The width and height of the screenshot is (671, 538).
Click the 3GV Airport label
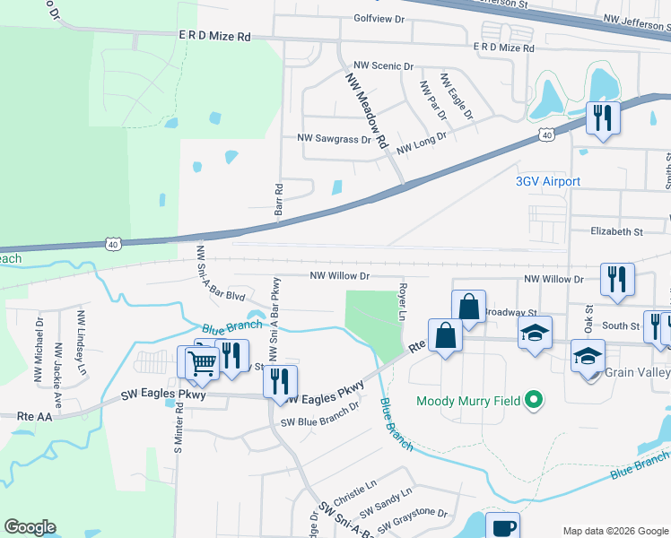(x=547, y=181)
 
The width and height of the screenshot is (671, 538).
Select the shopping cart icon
(x=203, y=363)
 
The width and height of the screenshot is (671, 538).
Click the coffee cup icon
(x=502, y=527)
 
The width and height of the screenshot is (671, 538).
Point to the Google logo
(x=30, y=527)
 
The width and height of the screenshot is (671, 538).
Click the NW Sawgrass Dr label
(x=334, y=140)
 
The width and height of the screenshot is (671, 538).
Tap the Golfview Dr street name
(x=379, y=18)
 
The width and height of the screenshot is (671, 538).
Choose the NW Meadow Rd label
(x=366, y=111)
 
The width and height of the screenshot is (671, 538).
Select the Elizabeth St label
(x=616, y=231)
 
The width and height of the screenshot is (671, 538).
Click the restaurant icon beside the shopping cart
(x=232, y=354)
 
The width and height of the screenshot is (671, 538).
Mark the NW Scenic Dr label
(x=383, y=66)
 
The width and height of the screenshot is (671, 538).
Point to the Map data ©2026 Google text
(x=614, y=531)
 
